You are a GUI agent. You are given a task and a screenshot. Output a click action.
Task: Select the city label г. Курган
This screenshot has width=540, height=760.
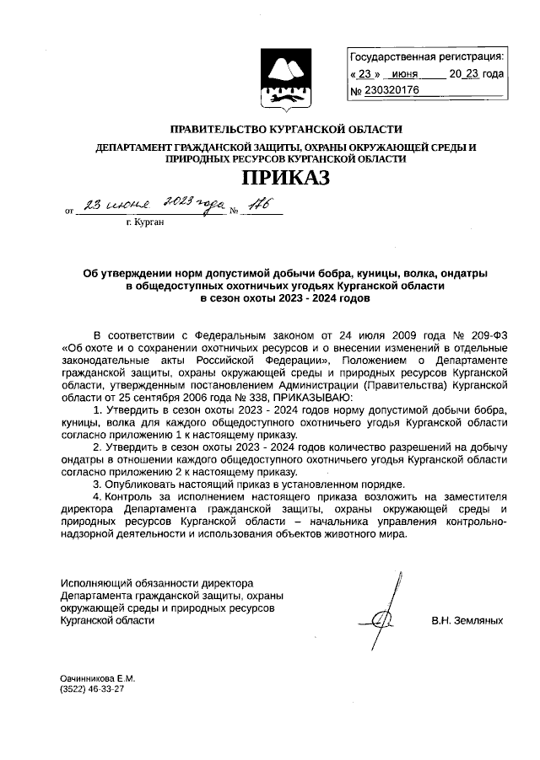(144, 222)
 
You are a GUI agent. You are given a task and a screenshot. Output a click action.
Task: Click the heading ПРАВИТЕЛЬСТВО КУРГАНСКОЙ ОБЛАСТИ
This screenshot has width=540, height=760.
(286, 130)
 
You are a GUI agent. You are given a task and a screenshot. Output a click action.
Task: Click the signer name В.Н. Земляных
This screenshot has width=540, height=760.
(467, 620)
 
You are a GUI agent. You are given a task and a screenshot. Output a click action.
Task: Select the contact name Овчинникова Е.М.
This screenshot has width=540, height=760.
(97, 678)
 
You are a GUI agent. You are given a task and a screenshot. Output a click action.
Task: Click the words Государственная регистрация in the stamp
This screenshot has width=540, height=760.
(427, 57)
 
